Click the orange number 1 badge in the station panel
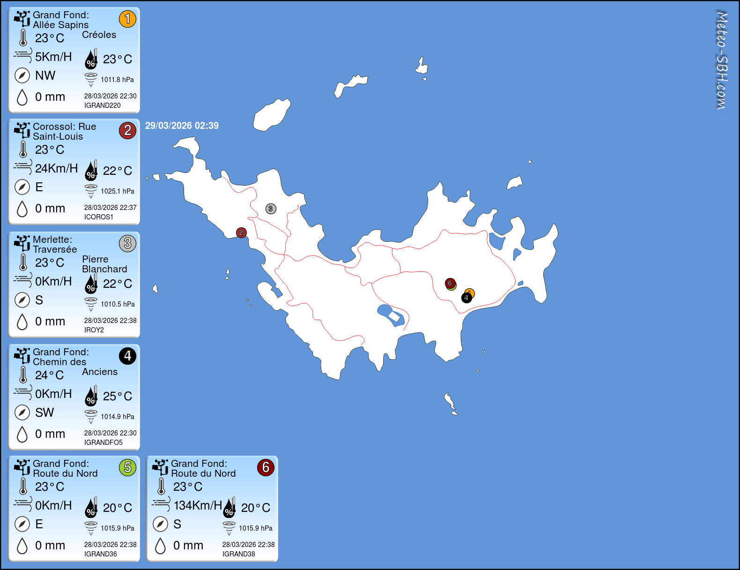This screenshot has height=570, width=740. [127, 19]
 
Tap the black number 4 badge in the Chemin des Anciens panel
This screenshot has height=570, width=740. [127, 356]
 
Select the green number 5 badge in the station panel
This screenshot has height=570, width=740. [127, 468]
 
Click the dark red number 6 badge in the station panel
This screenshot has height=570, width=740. [266, 468]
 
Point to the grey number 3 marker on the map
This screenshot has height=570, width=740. [271, 209]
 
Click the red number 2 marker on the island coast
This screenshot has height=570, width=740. [241, 232]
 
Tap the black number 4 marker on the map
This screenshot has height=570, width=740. [466, 298]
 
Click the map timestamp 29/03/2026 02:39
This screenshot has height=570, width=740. [182, 126]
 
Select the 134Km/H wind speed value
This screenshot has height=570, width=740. [198, 505]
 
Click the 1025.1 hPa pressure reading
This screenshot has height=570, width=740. [118, 191]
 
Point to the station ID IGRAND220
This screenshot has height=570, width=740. [103, 105]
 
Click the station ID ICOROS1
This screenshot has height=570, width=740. [99, 217]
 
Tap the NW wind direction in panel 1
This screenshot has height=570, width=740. [45, 75]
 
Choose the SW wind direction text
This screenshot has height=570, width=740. [44, 412]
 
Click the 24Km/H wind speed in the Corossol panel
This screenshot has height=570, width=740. [56, 168]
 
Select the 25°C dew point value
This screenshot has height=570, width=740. [118, 396]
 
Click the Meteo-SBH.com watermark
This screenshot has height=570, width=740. [722, 60]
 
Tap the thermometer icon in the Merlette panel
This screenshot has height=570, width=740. [23, 262]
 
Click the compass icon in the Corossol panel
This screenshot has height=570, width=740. [22, 187]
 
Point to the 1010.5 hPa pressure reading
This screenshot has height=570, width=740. [118, 304]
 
